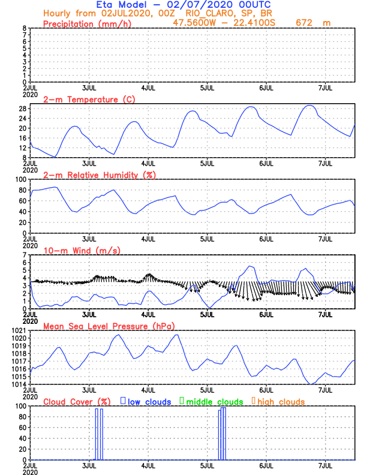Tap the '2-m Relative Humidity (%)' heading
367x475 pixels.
tap(98, 175)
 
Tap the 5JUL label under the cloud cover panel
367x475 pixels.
tap(207, 465)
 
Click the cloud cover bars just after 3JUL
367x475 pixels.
tap(99, 434)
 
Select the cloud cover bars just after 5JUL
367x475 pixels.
tap(222, 434)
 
